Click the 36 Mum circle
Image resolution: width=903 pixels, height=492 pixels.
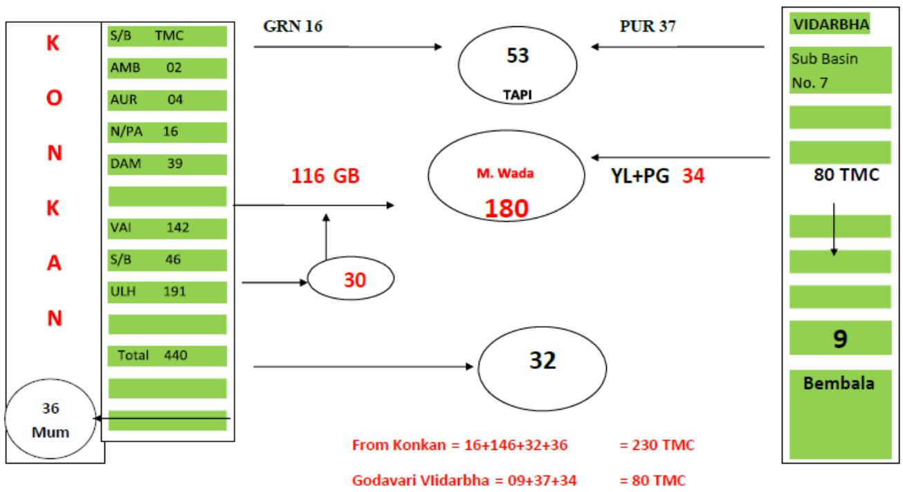point(48,419)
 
